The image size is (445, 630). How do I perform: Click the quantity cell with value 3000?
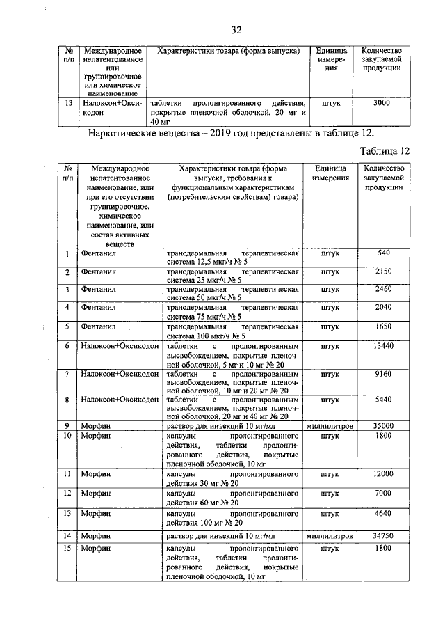coord(381,103)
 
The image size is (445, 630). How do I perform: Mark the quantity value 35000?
coord(383,426)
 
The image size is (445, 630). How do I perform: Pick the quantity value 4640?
coord(383,513)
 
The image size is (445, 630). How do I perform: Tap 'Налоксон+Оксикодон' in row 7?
coord(120,374)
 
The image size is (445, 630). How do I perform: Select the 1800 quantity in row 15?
coord(383,549)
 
